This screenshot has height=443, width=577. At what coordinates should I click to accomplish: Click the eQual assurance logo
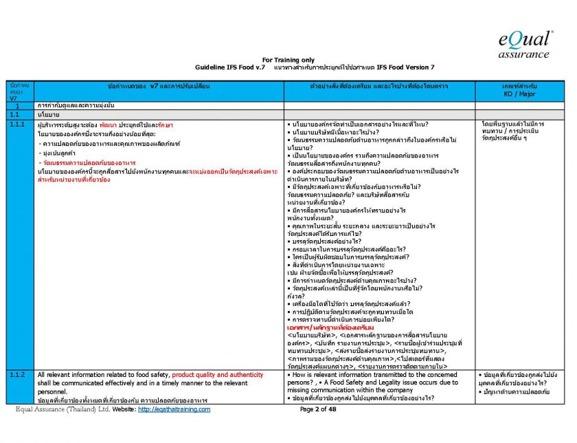[525, 43]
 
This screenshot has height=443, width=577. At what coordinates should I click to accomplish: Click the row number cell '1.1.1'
[18, 125]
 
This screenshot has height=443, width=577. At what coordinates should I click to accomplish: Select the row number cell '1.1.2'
[18, 374]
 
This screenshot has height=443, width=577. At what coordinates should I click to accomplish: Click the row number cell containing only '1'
[16, 105]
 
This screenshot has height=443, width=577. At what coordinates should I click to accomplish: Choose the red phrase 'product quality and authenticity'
[218, 374]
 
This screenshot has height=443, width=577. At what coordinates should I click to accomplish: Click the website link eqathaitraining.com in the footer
[174, 409]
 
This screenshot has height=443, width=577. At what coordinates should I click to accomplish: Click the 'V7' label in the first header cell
[12, 98]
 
